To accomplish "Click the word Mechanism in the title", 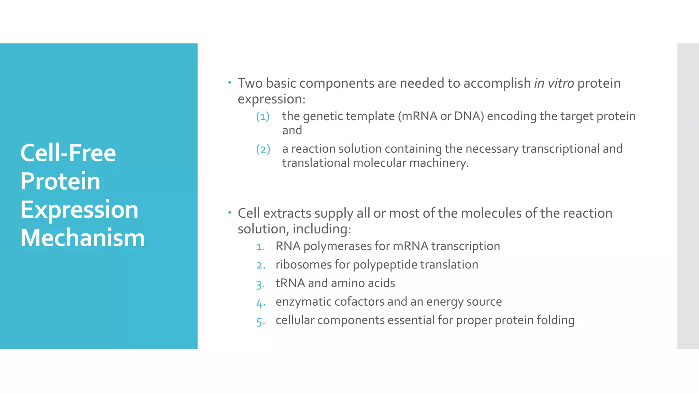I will click(x=83, y=238).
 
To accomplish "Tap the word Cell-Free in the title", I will click(x=68, y=153).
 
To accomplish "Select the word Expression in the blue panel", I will click(x=79, y=209).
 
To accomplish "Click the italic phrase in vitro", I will click(x=554, y=83).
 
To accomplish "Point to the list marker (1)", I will click(x=263, y=117).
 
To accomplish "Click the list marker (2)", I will click(x=263, y=149).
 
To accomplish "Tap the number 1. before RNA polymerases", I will click(x=260, y=247).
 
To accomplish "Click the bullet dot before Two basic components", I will click(x=230, y=83).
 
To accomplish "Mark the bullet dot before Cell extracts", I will click(x=230, y=213).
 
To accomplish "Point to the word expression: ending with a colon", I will click(x=271, y=99).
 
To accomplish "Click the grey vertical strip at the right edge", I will click(x=688, y=196).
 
